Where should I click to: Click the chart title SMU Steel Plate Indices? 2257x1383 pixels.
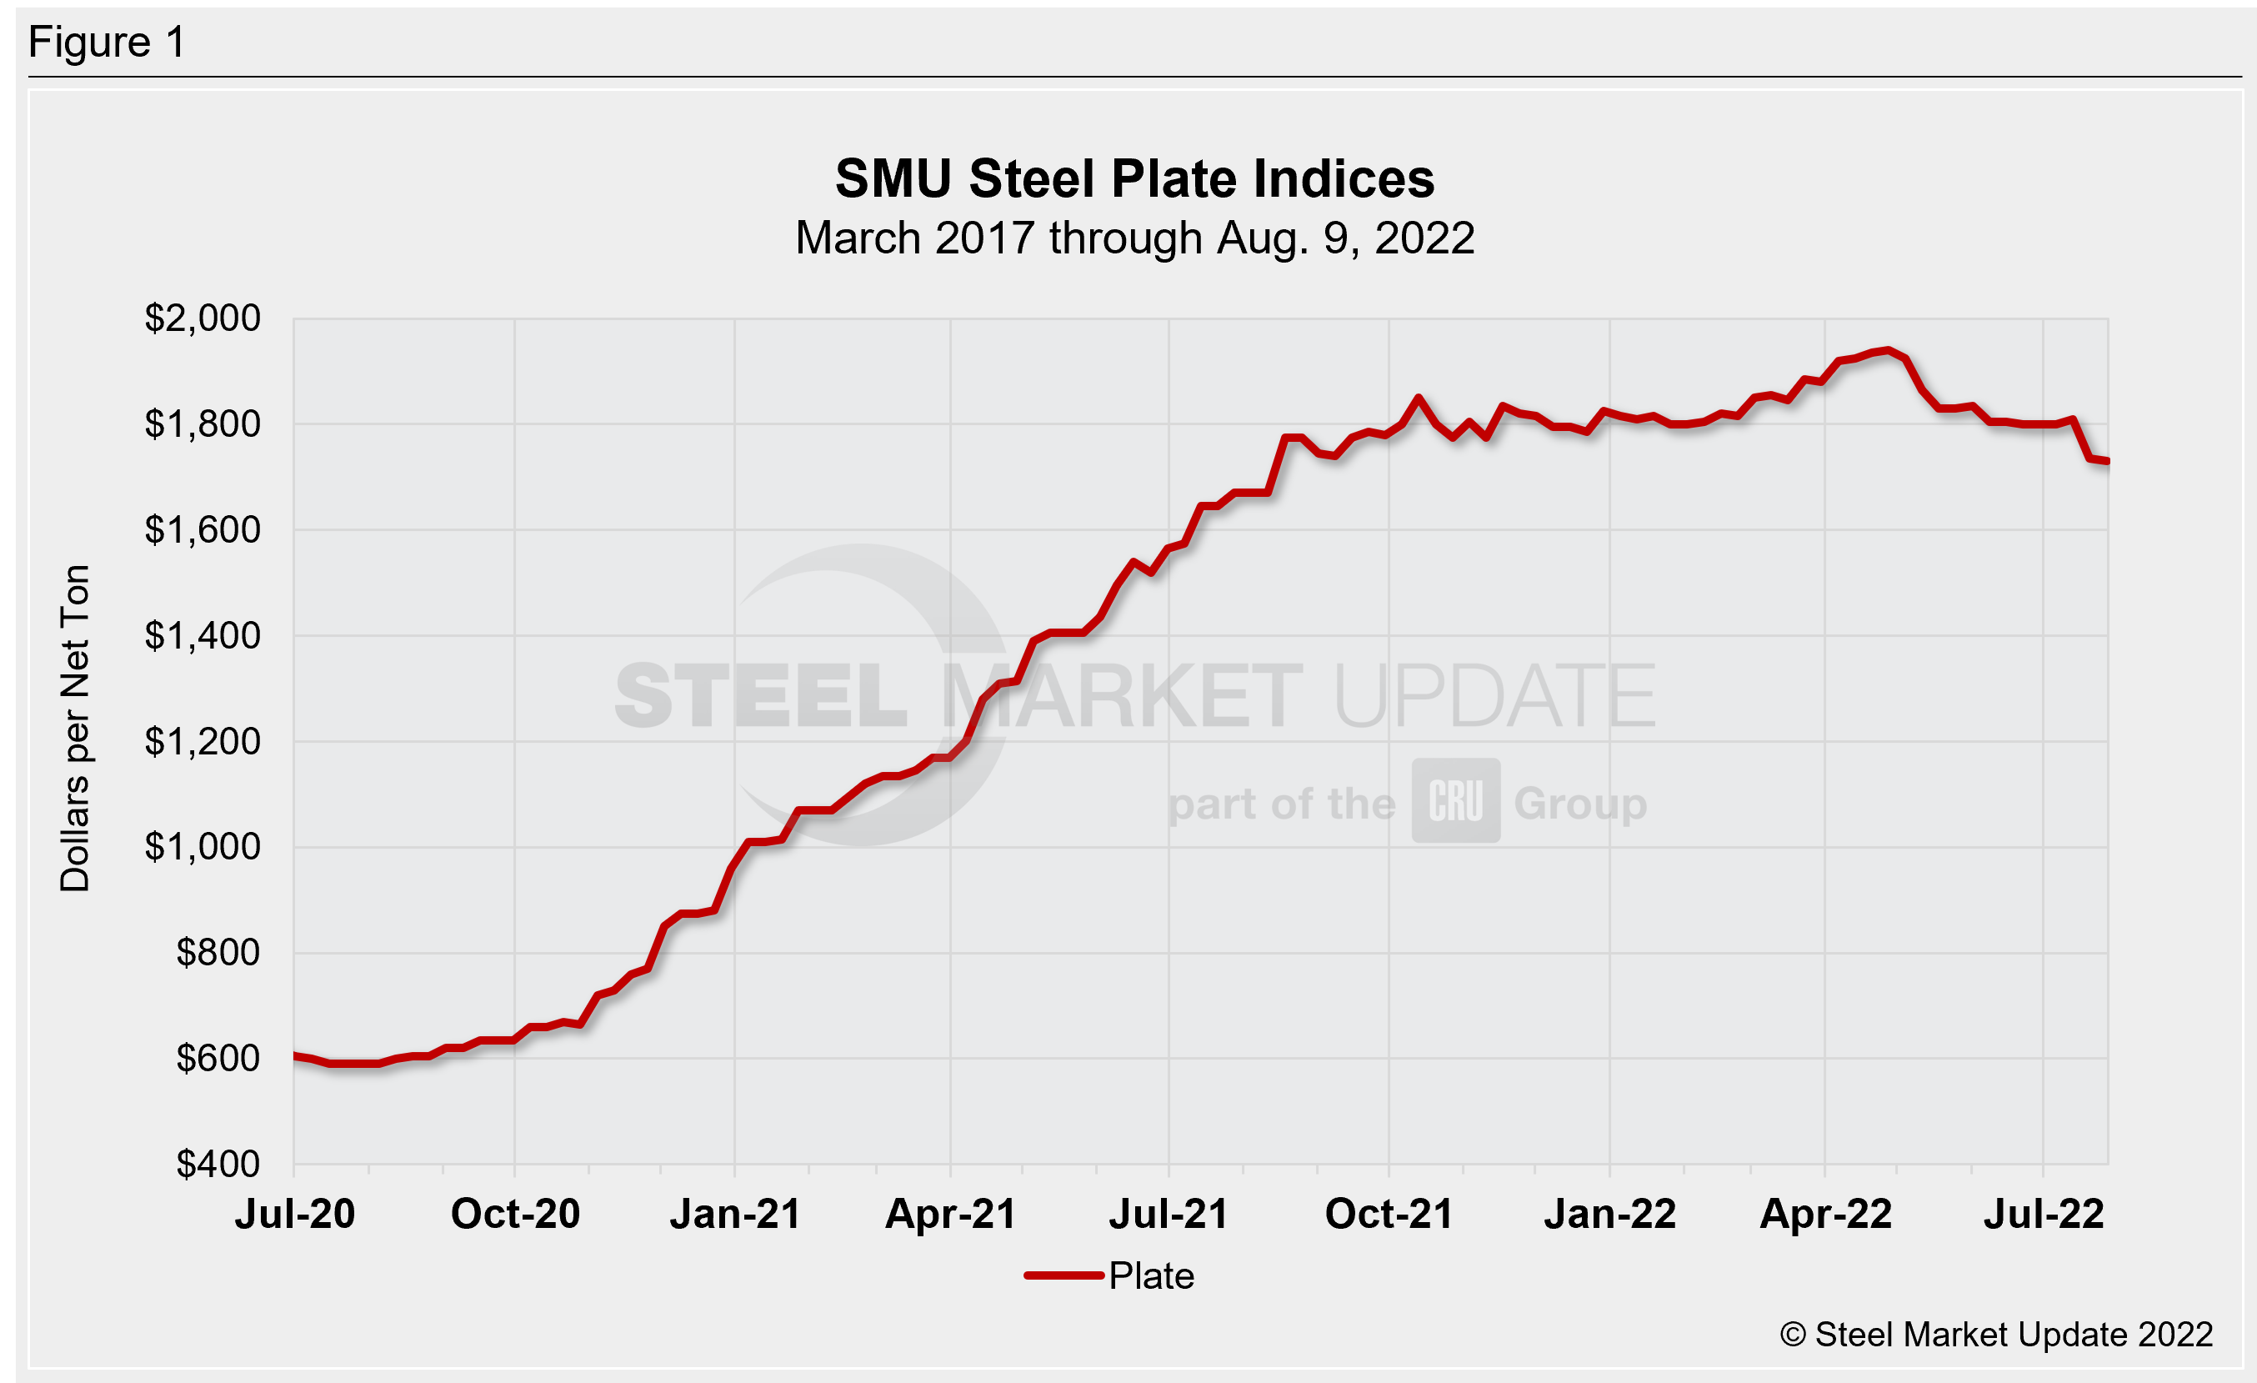tap(1134, 178)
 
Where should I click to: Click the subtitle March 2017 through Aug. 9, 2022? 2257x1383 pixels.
tap(1134, 238)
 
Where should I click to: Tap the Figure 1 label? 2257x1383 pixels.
tap(108, 43)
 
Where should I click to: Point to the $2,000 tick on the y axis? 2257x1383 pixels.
tap(203, 318)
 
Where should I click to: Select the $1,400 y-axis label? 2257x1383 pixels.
tap(203, 634)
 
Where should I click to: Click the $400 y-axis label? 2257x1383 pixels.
tap(218, 1163)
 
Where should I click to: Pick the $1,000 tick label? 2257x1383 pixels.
tap(203, 846)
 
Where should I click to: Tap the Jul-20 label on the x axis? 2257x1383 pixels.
tap(295, 1214)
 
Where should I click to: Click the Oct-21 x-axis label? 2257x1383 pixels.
tap(1389, 1214)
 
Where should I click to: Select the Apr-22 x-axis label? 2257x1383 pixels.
tap(1825, 1214)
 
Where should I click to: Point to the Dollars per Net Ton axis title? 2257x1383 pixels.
tap(75, 728)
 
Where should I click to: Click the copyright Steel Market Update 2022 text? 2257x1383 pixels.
tap(1996, 1335)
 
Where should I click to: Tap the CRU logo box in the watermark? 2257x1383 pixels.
tap(1455, 800)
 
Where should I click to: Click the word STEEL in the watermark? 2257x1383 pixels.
tap(760, 697)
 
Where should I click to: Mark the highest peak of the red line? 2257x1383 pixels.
tap(1887, 350)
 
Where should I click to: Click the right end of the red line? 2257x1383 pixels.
tap(2106, 461)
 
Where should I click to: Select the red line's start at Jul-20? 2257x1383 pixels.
tap(296, 1056)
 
